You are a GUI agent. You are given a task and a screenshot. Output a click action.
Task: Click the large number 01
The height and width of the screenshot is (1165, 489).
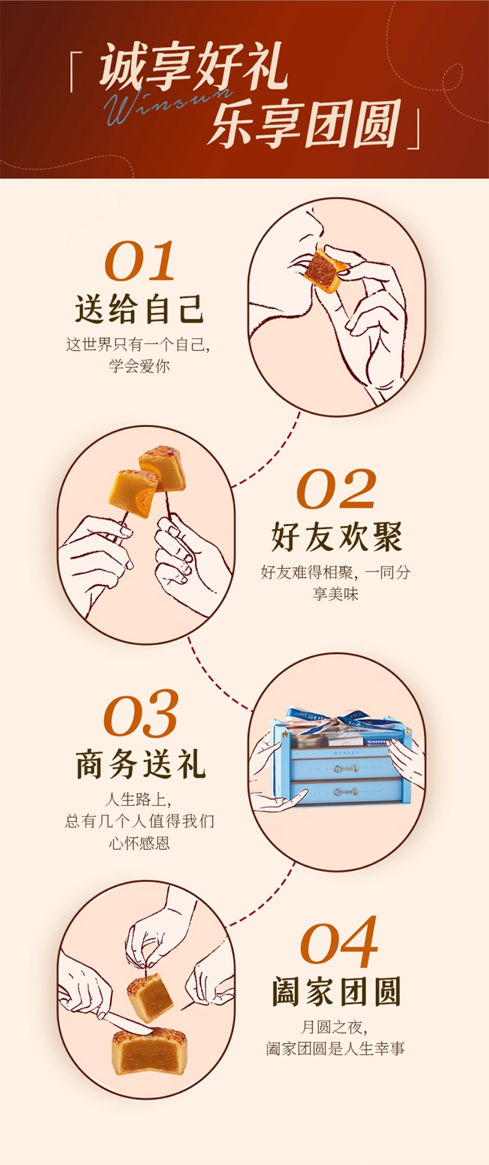pos(140,261)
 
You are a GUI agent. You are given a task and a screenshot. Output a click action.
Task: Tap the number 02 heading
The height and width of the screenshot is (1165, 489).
pos(336,489)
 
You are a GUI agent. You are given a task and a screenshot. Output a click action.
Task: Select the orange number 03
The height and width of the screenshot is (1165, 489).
pos(141,715)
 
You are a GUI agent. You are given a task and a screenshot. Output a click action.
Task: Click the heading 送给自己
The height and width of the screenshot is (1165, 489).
pos(140,309)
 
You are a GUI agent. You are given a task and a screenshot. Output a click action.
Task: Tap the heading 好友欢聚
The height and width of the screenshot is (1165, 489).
pos(336,537)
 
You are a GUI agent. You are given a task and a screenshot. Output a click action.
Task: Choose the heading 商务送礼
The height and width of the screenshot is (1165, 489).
pos(140,764)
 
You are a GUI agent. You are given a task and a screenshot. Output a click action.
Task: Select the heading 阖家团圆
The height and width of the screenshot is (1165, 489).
pos(336,991)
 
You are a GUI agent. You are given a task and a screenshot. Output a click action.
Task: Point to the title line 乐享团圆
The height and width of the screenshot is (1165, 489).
pos(304,123)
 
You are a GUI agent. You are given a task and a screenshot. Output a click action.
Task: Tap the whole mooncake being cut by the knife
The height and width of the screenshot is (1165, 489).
pos(149,1050)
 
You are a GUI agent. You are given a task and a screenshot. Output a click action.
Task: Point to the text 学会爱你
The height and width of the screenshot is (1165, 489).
pos(140,366)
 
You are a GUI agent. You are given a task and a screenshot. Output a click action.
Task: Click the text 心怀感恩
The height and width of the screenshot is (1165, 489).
pos(140,844)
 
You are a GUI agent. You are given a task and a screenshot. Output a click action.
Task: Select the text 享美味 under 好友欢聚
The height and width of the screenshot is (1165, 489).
pos(336,594)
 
